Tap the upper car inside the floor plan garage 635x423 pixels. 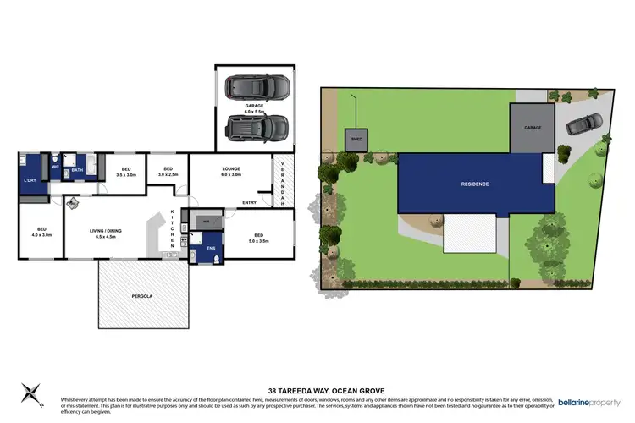[256, 87]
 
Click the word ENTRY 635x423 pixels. [250, 203]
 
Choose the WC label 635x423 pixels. [56, 168]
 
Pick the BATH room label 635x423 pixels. [77, 170]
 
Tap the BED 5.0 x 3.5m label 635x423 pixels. [258, 239]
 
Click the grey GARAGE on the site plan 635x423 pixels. [532, 128]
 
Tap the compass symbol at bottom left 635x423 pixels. [31, 392]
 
